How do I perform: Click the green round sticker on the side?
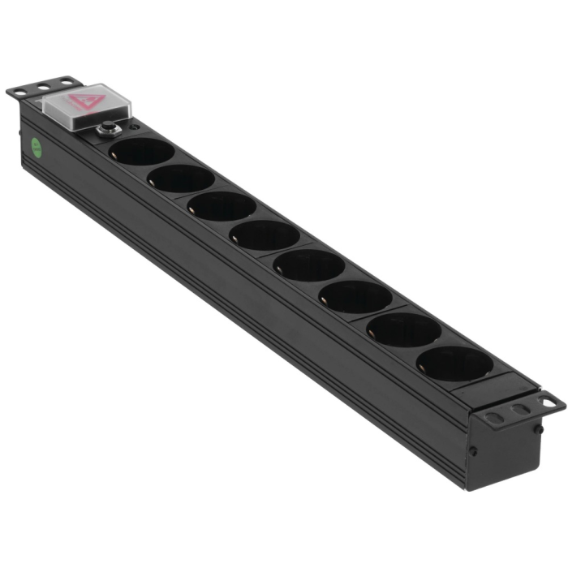pos(37,148)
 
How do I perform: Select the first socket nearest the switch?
pos(140,151)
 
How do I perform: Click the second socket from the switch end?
pos(182,179)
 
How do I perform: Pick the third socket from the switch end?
pos(222,206)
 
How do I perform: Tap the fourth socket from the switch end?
pos(265,235)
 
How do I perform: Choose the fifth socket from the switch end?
pos(308,265)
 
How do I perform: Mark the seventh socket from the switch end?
pos(404,329)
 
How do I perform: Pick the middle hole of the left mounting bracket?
pos(41,86)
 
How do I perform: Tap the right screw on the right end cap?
pos(538,425)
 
